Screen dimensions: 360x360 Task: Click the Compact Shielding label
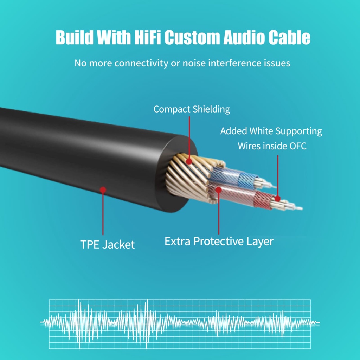point(192,109)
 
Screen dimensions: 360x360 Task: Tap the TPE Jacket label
point(108,245)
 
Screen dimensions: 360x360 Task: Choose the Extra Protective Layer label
point(219,241)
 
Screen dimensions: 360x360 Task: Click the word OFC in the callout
point(298,146)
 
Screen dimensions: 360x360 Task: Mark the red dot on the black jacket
point(103,190)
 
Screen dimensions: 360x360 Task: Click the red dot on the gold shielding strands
point(189,162)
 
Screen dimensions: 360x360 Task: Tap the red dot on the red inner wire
point(219,190)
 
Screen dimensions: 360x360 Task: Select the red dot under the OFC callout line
point(278,199)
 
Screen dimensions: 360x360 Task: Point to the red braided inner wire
point(243,195)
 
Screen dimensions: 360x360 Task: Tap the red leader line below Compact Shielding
point(189,137)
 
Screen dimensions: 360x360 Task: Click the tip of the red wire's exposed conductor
point(302,209)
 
